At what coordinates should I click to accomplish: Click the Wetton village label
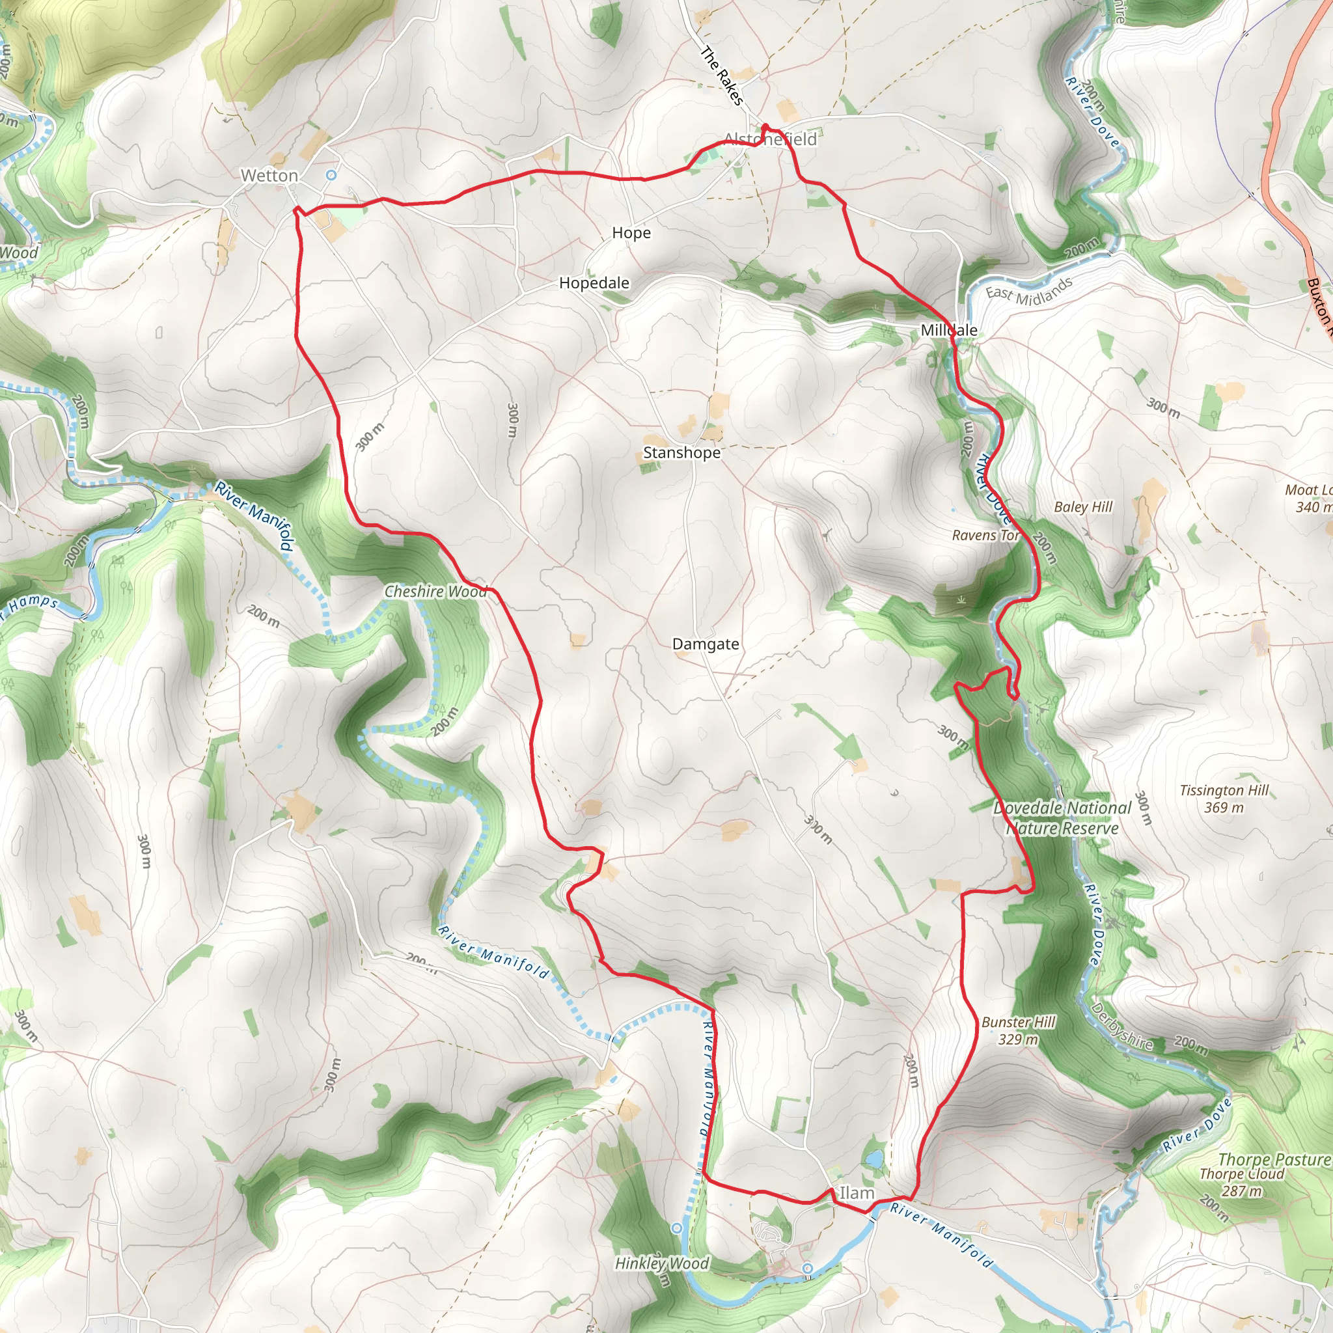tap(269, 176)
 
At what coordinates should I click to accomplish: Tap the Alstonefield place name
tap(771, 139)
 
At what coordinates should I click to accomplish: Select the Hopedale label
tap(594, 283)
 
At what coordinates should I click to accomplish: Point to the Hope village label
tap(631, 233)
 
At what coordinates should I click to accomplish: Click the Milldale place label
tap(949, 331)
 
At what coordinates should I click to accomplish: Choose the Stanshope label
tap(681, 452)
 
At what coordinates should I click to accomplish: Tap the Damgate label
tap(705, 644)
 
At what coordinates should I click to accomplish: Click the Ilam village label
tap(857, 1193)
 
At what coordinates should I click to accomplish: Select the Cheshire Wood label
tap(435, 591)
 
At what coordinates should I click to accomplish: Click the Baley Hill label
tap(1083, 507)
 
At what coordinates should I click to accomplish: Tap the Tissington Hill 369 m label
tap(1224, 799)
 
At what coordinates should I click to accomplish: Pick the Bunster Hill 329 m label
tap(1019, 1031)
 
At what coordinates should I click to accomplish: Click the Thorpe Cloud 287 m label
tap(1242, 1182)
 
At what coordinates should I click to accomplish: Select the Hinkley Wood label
tap(662, 1263)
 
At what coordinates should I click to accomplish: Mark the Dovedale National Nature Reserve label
tap(1062, 818)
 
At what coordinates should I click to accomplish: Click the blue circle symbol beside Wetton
tap(331, 175)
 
